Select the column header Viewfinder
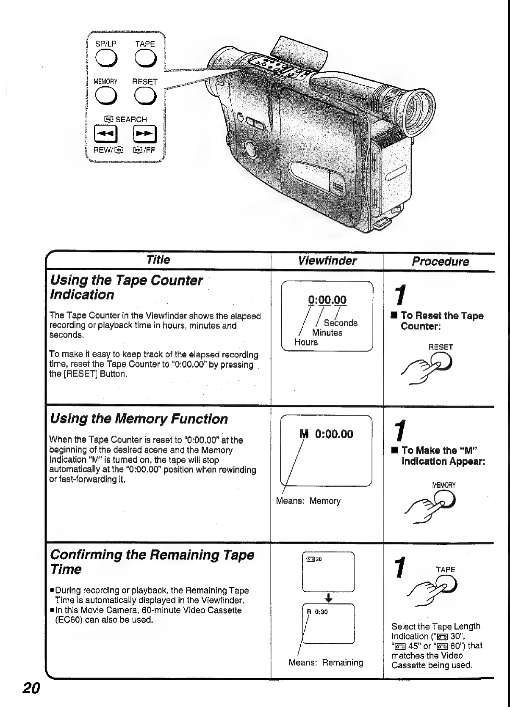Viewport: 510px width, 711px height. click(327, 261)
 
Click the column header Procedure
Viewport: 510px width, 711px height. click(441, 261)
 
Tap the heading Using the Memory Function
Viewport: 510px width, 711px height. click(139, 419)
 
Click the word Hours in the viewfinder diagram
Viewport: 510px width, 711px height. click(306, 342)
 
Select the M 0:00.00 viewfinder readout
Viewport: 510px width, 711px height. click(326, 434)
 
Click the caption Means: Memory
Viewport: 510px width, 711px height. click(308, 501)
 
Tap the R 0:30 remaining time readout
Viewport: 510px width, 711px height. click(317, 612)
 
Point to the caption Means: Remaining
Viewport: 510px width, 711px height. click(326, 663)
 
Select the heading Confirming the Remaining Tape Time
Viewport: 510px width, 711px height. click(152, 562)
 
